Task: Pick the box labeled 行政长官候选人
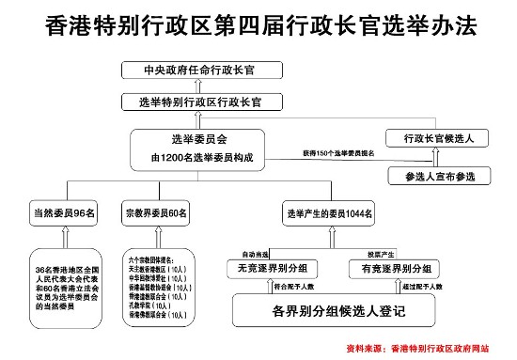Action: [x=438, y=138]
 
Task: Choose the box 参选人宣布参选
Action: [x=439, y=176]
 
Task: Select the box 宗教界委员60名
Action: [x=157, y=213]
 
